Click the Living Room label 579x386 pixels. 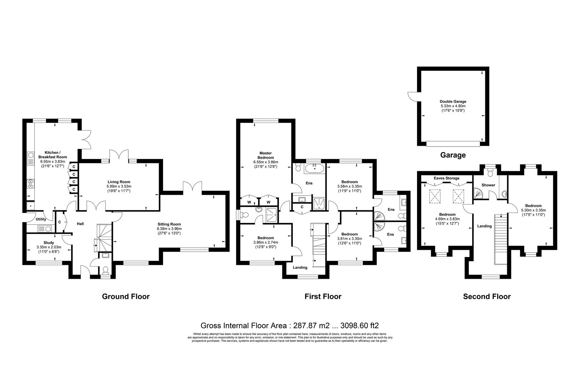[119, 182]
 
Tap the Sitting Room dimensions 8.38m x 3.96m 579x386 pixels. [169, 229]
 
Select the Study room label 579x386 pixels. [49, 243]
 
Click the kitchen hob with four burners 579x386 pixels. [31, 184]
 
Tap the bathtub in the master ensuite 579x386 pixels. [315, 169]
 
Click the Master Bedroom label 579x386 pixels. [266, 155]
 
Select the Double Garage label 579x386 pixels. [453, 102]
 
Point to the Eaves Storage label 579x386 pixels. [447, 178]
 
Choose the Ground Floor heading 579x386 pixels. [126, 296]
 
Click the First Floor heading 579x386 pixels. [323, 296]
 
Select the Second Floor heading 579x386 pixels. [487, 296]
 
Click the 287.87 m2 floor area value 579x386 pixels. [311, 325]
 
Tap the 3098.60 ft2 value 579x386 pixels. [360, 325]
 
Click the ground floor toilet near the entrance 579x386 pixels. [105, 271]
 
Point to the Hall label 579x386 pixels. [80, 224]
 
